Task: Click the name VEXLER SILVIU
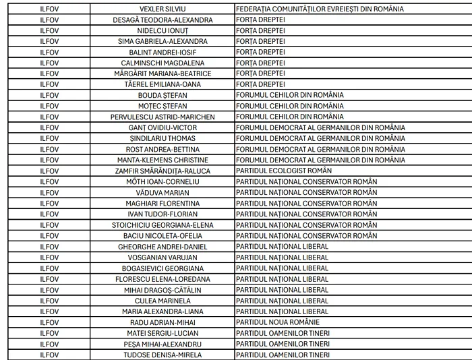[163, 9]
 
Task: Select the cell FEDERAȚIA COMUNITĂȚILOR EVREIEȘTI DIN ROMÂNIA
[320, 9]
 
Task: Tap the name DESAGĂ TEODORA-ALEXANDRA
[163, 20]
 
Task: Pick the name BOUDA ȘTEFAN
[163, 95]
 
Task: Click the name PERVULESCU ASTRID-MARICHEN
[163, 117]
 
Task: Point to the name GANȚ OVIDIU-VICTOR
[163, 127]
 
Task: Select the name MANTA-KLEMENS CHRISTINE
[163, 160]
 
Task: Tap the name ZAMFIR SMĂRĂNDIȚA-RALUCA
[163, 171]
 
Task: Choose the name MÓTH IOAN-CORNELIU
[163, 181]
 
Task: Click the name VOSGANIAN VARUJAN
[163, 257]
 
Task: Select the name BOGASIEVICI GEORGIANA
[163, 268]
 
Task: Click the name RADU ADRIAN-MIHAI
[163, 322]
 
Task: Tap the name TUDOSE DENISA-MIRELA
[163, 354]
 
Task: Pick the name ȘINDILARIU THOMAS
[163, 138]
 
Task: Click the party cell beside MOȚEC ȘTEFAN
[290, 106]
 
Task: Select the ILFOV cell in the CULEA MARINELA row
[49, 300]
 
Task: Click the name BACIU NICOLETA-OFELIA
[163, 235]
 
